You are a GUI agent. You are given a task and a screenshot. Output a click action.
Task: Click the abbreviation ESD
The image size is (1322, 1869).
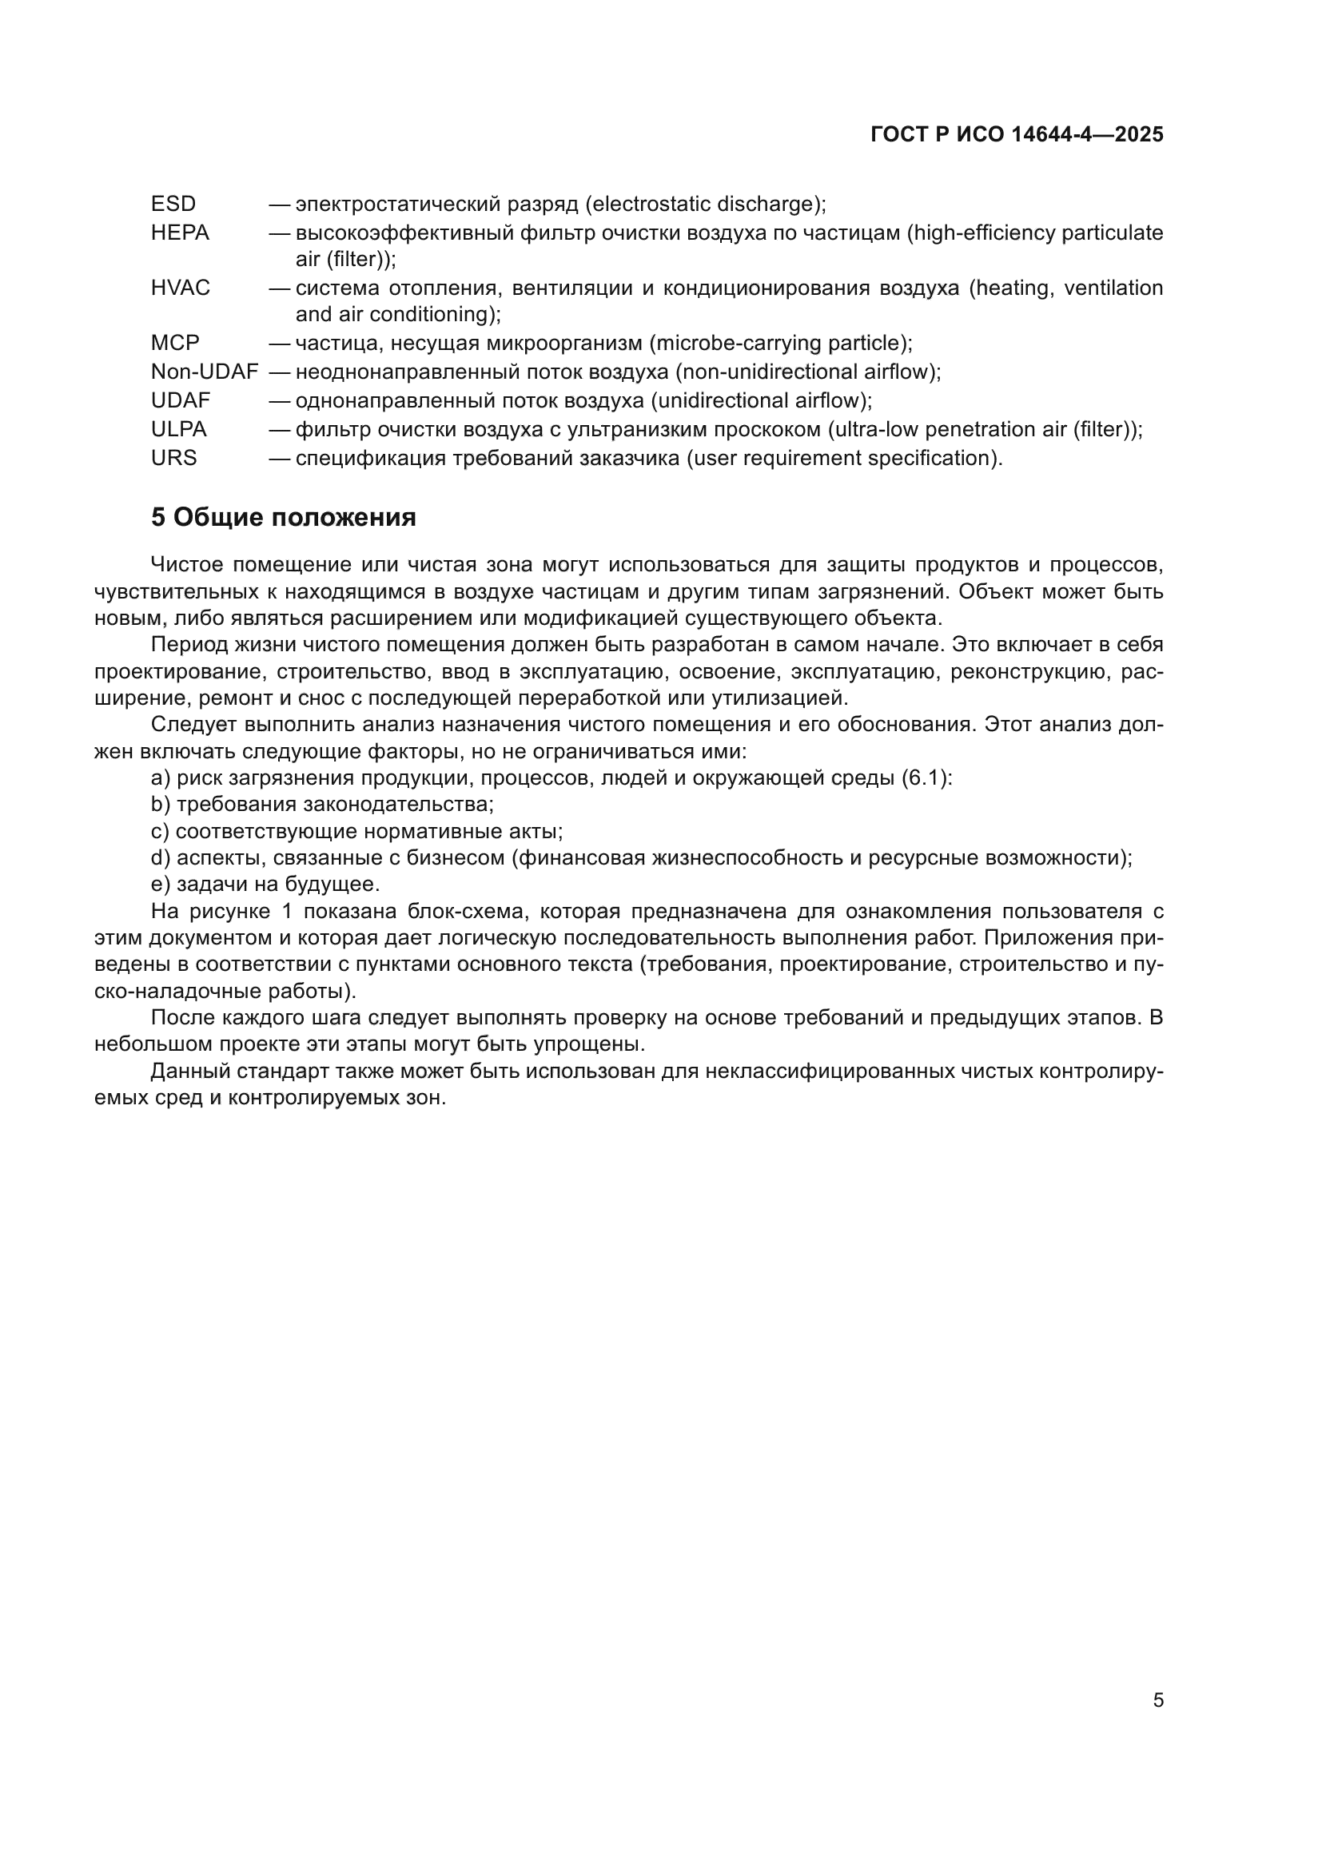173,204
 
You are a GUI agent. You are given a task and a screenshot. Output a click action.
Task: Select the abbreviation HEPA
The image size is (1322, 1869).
180,233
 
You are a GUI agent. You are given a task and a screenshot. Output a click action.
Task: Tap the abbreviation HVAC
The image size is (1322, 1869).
180,288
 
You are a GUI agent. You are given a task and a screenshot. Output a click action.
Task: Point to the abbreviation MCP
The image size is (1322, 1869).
175,343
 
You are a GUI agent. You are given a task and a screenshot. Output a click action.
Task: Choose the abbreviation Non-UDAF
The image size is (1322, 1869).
205,372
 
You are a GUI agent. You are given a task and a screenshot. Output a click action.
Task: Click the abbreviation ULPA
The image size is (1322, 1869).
178,429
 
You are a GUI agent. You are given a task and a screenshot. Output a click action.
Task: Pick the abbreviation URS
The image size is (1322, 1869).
173,459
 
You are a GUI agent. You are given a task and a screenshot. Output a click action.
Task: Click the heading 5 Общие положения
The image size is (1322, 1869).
283,518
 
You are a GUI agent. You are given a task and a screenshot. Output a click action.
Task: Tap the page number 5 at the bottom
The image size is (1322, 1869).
1157,1700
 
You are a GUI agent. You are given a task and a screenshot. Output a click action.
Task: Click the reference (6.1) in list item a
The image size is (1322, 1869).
926,778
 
